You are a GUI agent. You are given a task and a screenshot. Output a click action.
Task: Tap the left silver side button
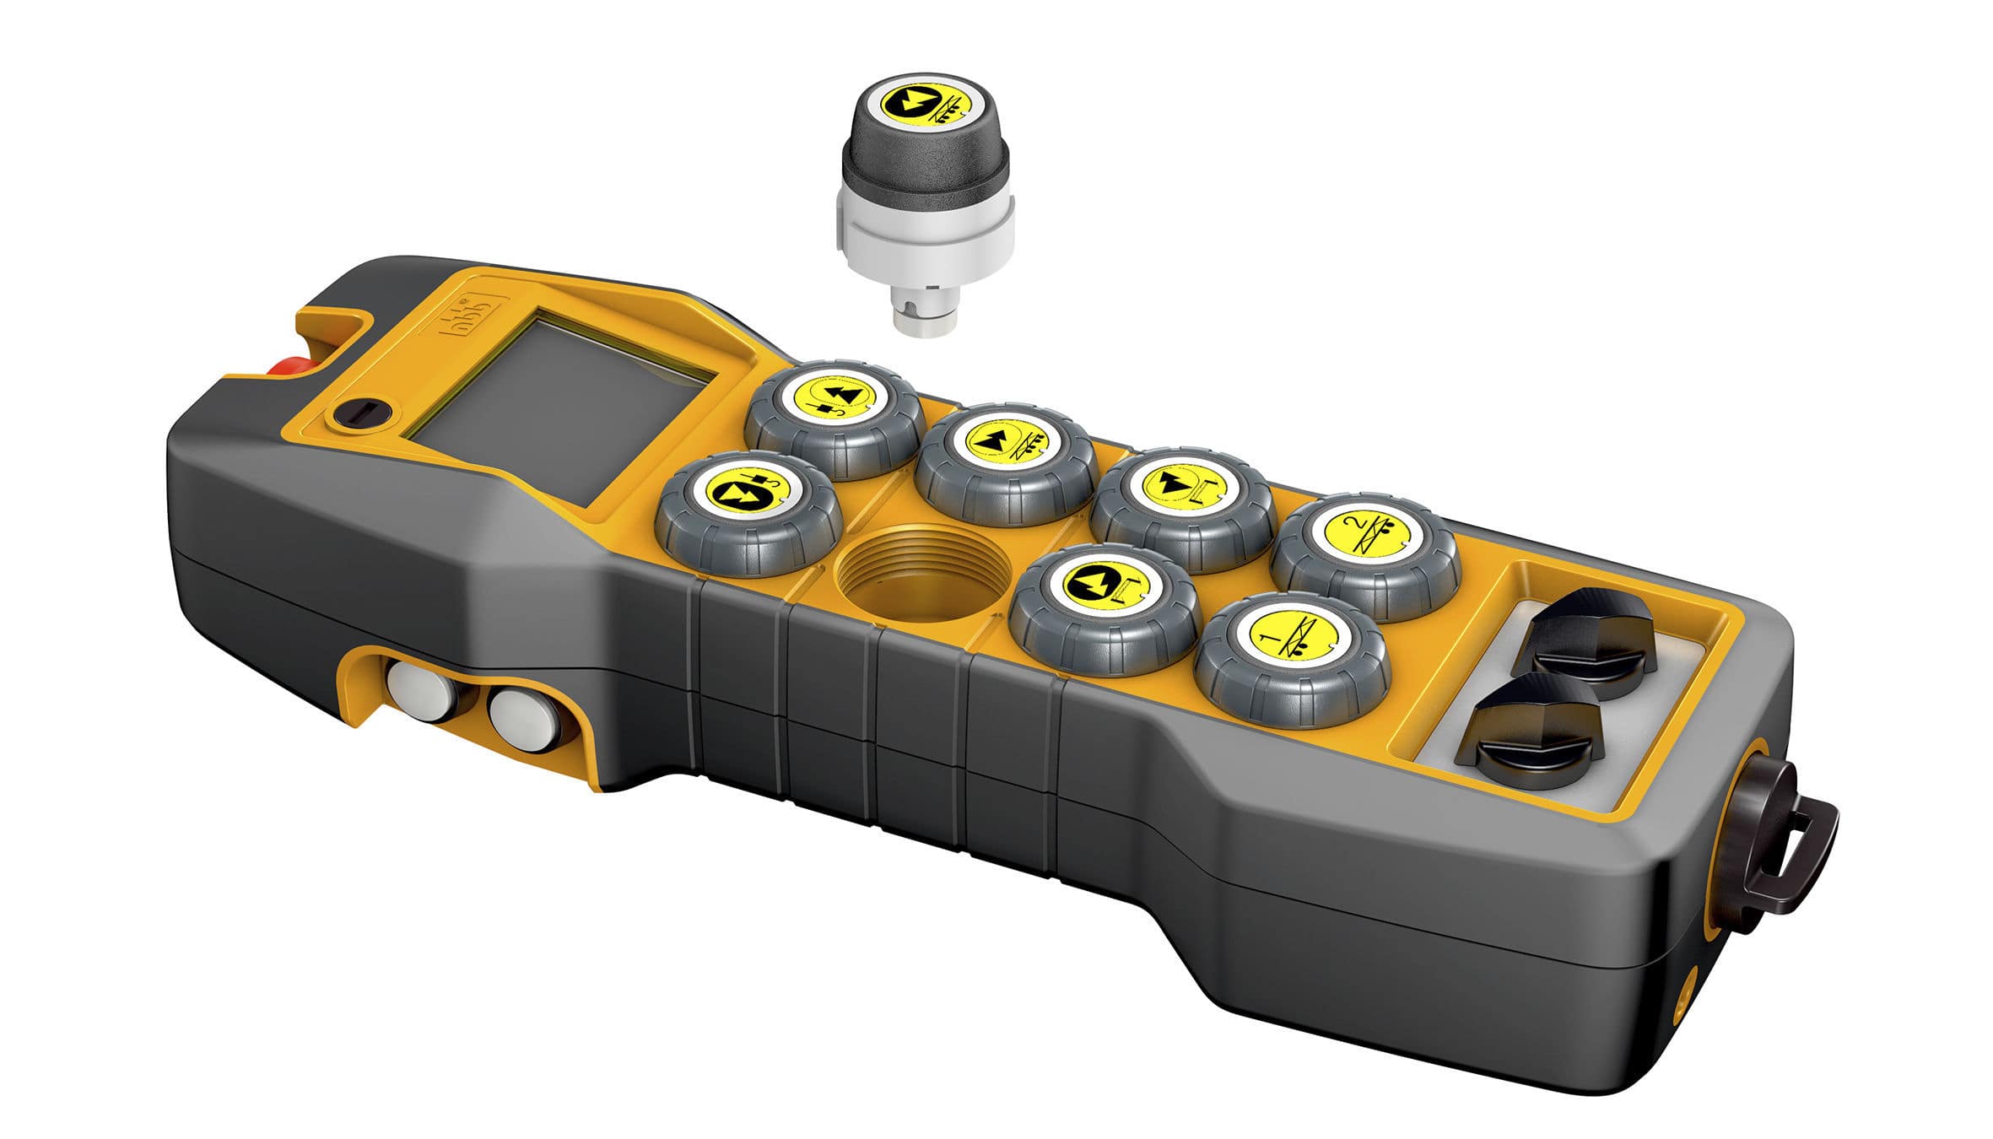coord(419,690)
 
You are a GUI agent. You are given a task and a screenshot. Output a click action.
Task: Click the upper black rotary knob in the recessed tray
coord(1586,640)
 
